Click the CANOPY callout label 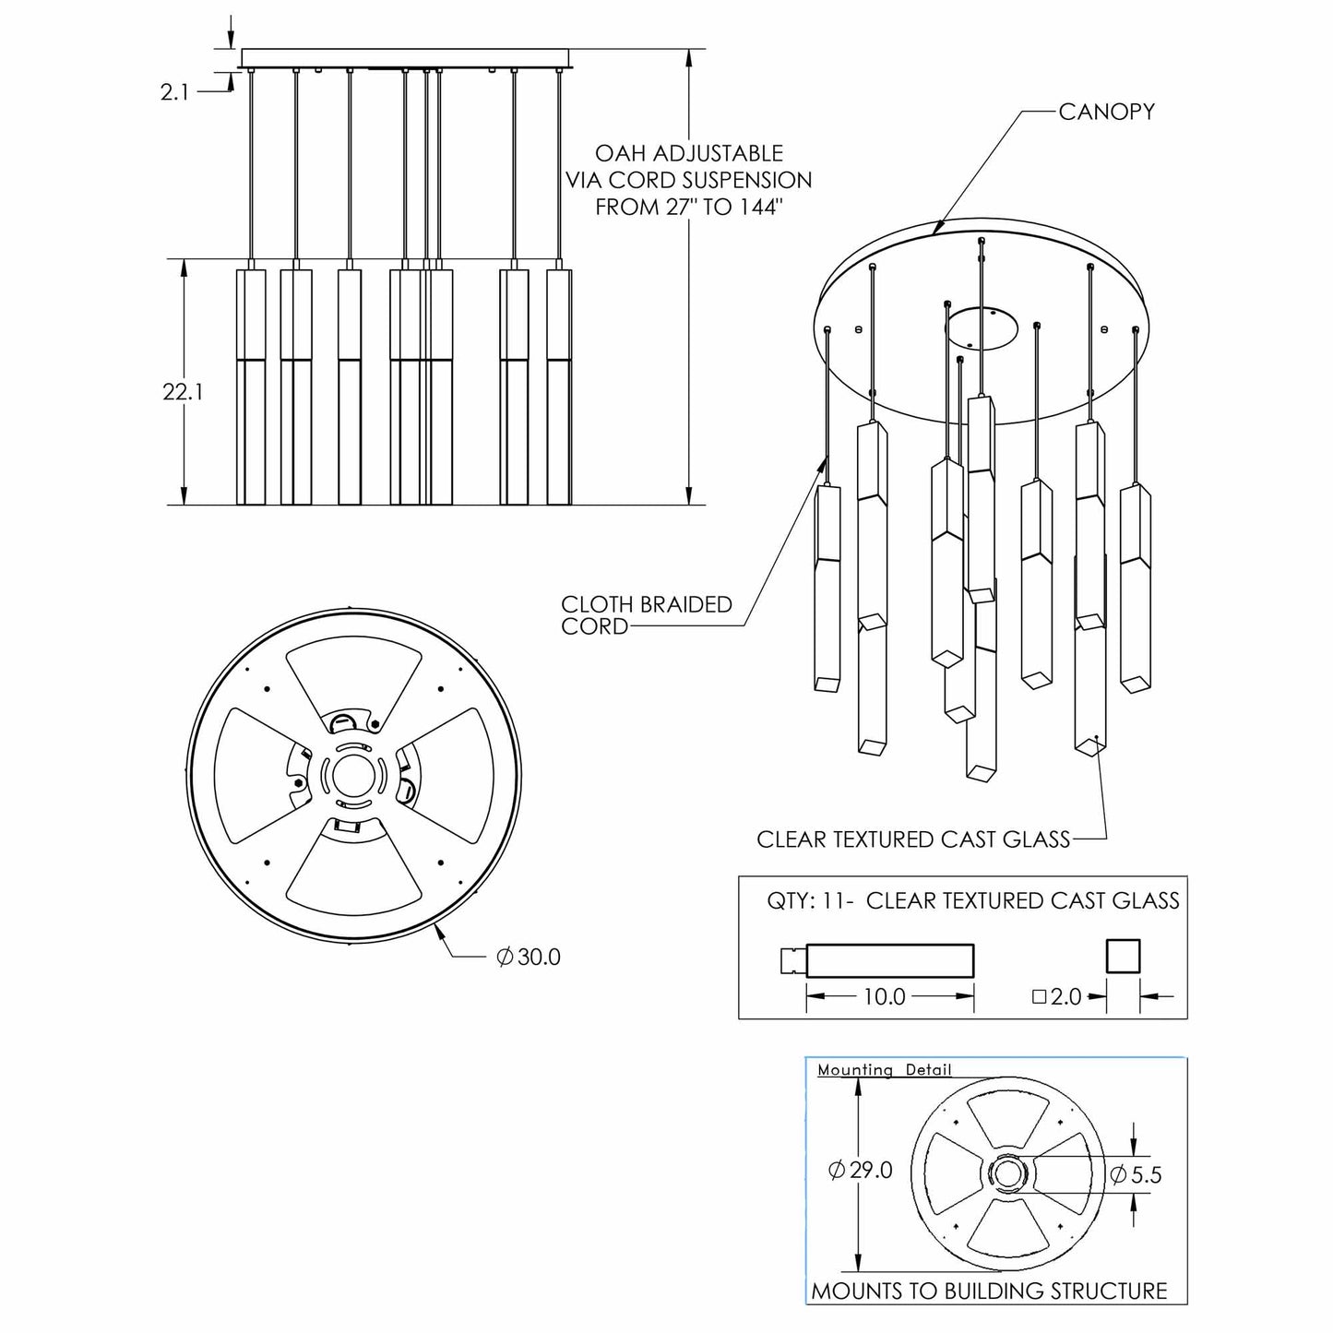(1106, 112)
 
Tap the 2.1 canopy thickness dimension (174, 91)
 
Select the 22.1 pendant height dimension (183, 392)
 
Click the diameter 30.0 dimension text (529, 957)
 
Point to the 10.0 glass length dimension (884, 996)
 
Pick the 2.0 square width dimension (1057, 996)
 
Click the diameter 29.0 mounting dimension (861, 1171)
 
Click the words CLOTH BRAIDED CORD (647, 614)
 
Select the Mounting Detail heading (884, 1070)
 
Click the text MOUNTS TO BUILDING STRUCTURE (989, 1291)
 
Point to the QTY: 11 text (802, 901)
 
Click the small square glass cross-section (1123, 956)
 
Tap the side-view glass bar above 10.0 (890, 960)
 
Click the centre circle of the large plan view (353, 776)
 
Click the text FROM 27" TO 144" (688, 207)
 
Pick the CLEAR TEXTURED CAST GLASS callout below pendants (912, 839)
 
